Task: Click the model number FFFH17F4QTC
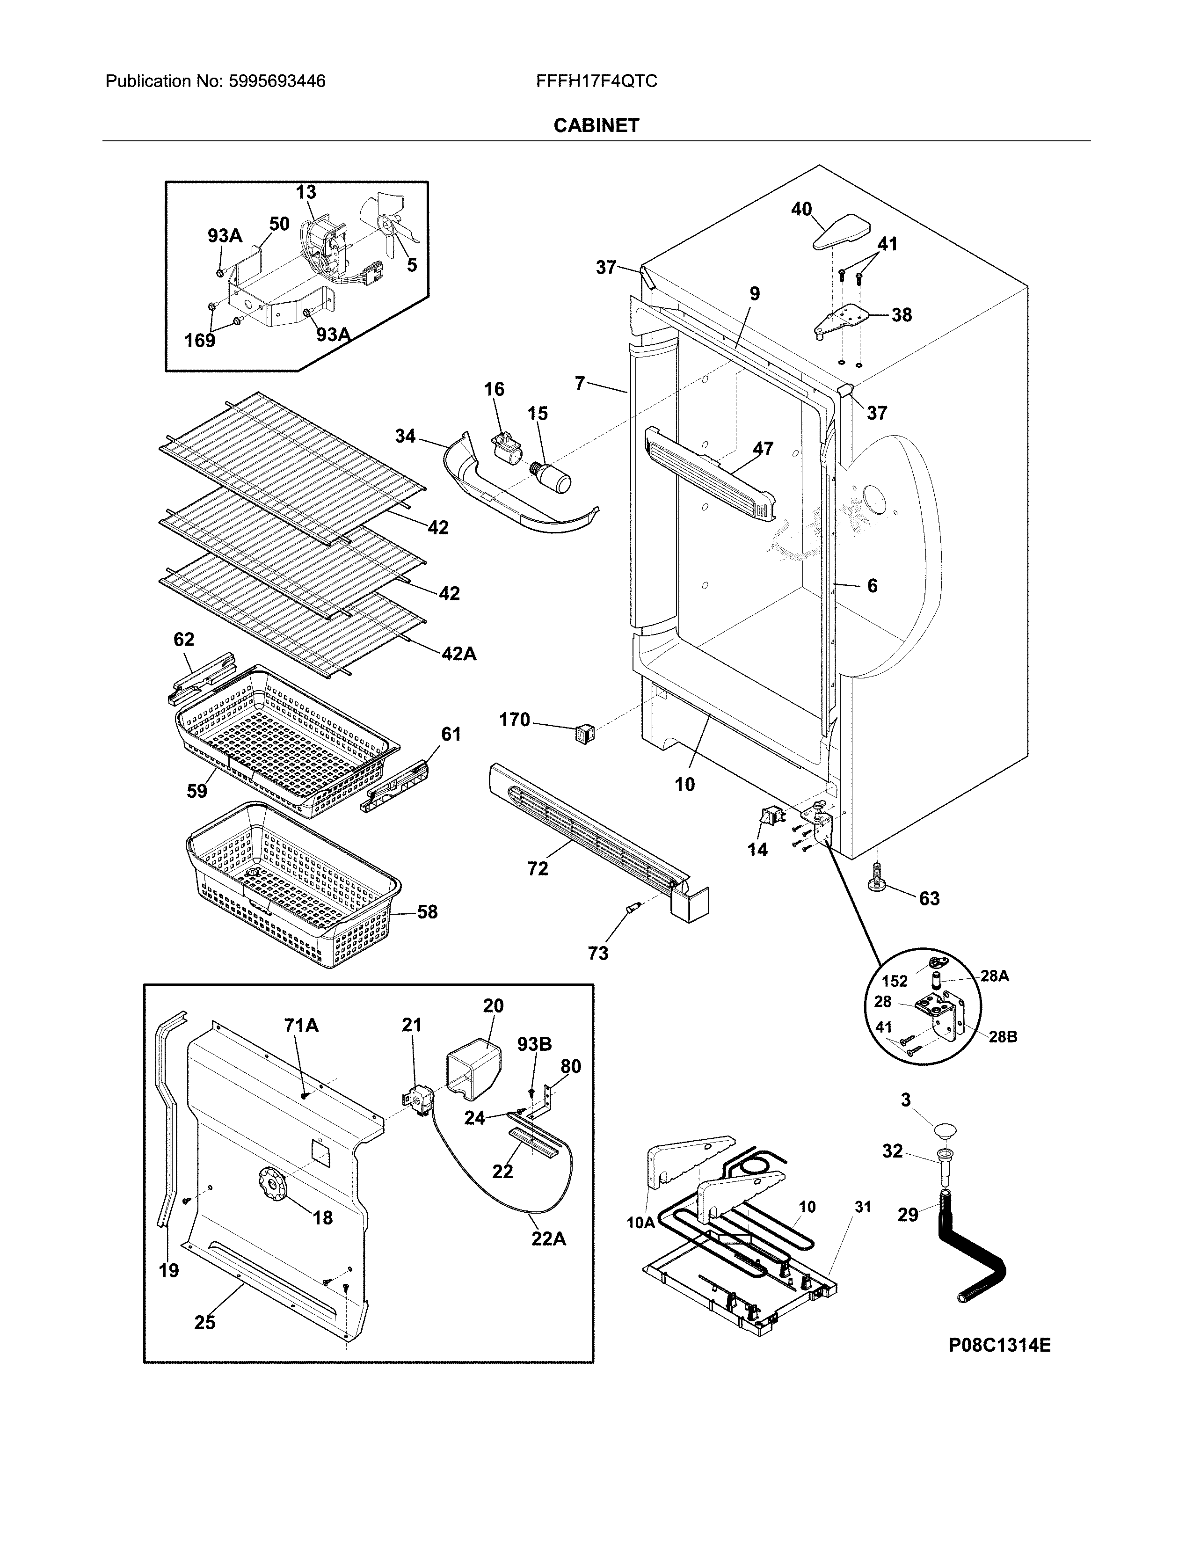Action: tap(596, 81)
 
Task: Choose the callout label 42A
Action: tap(458, 655)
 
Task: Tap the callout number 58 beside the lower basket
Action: tap(427, 912)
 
